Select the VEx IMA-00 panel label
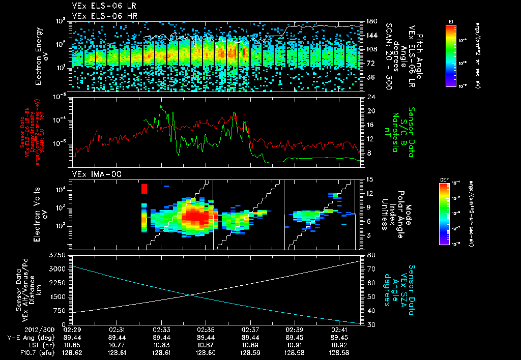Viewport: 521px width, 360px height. click(x=93, y=174)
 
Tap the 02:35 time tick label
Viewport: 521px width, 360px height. click(x=205, y=329)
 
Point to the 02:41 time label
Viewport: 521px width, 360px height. click(x=338, y=329)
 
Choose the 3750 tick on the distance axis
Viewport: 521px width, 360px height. click(x=59, y=254)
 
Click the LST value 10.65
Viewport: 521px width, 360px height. click(x=73, y=344)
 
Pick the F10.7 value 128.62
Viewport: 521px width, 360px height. click(x=73, y=352)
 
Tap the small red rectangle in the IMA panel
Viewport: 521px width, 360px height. click(x=144, y=189)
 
